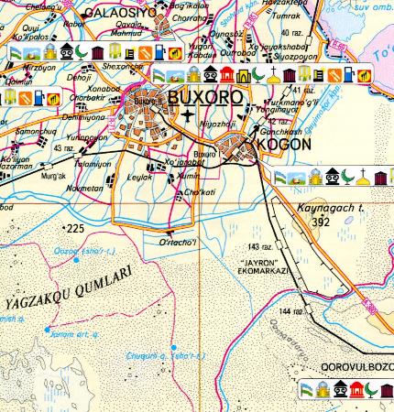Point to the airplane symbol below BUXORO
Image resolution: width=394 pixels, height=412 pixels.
[x=189, y=115]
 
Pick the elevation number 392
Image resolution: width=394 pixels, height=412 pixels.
[x=320, y=221]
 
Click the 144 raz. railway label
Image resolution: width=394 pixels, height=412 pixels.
[x=291, y=312]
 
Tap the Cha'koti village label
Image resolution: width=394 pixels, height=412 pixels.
[x=199, y=191]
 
